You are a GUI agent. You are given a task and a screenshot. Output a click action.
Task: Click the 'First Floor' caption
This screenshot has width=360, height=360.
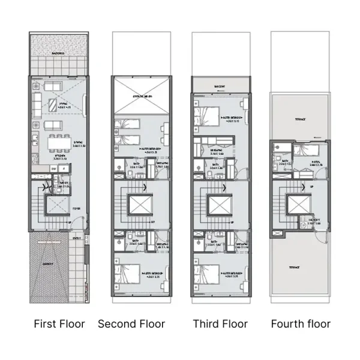click(59, 324)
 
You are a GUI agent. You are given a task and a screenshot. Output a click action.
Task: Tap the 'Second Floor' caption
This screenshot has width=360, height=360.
click(131, 324)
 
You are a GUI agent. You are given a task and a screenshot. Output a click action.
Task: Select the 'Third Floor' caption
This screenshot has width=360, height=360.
click(220, 324)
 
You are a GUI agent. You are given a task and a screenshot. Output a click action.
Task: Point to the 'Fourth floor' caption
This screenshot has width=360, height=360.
click(301, 324)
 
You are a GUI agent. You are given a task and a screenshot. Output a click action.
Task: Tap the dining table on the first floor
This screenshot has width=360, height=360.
click(59, 143)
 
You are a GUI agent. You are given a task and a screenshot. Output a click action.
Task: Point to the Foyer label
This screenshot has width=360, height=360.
click(77, 209)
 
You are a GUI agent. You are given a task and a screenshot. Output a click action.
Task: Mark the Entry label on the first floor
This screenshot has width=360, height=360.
click(77, 239)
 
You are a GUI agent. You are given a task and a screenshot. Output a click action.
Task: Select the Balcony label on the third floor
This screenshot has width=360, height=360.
click(220, 86)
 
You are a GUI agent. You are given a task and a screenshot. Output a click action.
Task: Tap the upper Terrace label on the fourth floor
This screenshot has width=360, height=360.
click(299, 119)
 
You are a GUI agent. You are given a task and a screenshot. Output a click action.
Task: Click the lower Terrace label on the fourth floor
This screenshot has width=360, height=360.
click(295, 268)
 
